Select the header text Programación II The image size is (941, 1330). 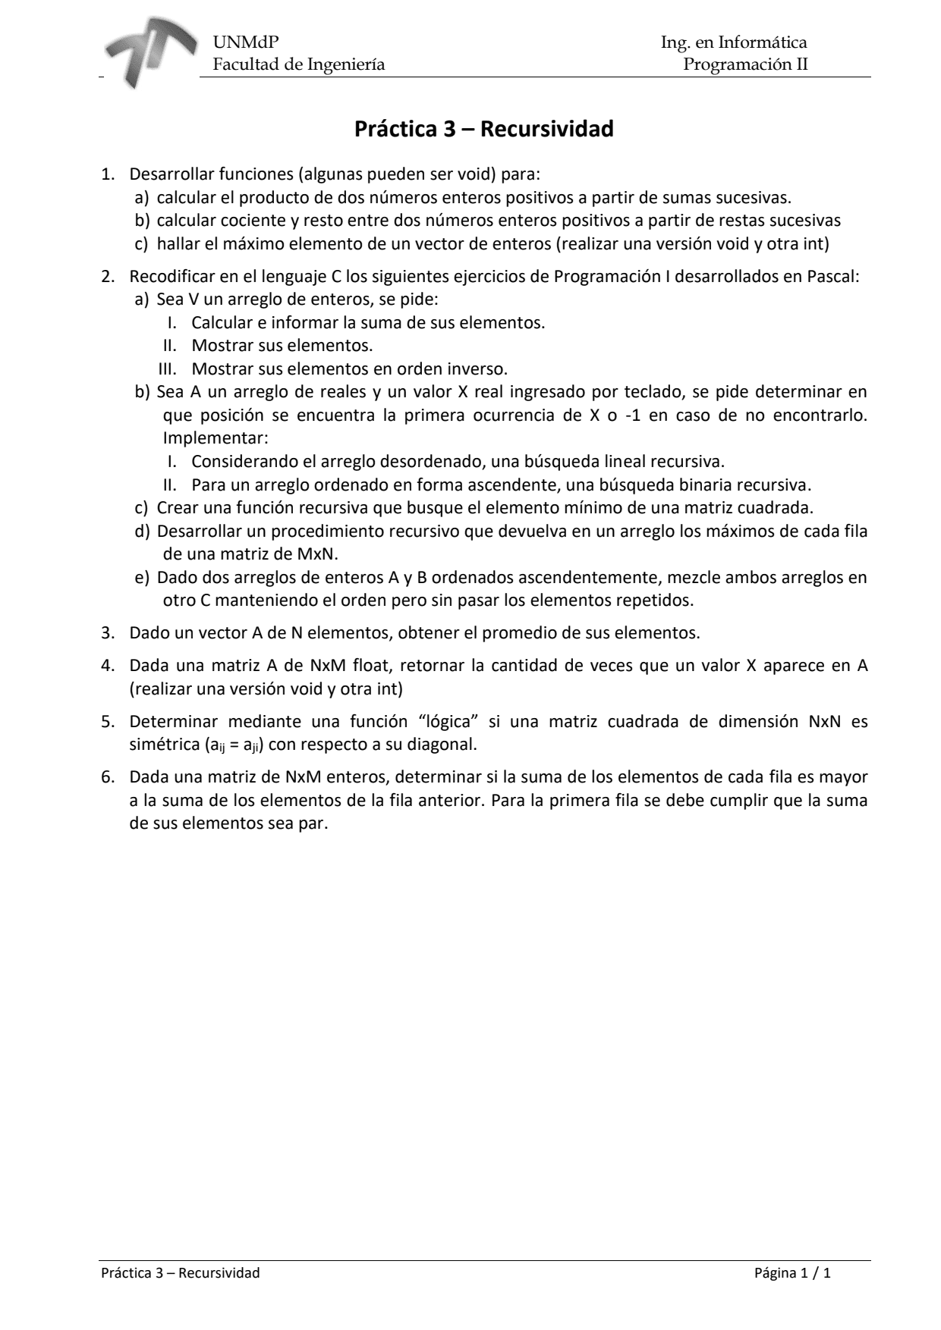[745, 64]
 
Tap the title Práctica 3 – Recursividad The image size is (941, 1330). [484, 130]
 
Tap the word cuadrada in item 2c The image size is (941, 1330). [778, 507]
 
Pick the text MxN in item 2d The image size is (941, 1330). [313, 554]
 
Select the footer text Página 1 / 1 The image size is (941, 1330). [792, 1273]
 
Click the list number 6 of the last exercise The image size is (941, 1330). [106, 777]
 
